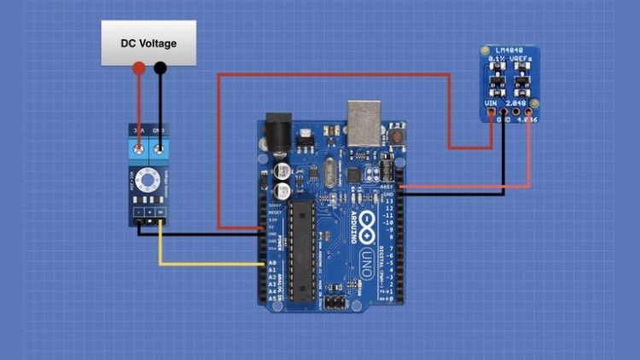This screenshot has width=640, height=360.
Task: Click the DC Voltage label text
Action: coord(148,43)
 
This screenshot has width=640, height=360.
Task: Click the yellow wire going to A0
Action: coord(205,264)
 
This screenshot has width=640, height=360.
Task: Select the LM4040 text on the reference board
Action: coord(510,53)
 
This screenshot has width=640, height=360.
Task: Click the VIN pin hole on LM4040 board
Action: coord(491,112)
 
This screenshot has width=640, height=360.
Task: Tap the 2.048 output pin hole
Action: coord(516,112)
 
